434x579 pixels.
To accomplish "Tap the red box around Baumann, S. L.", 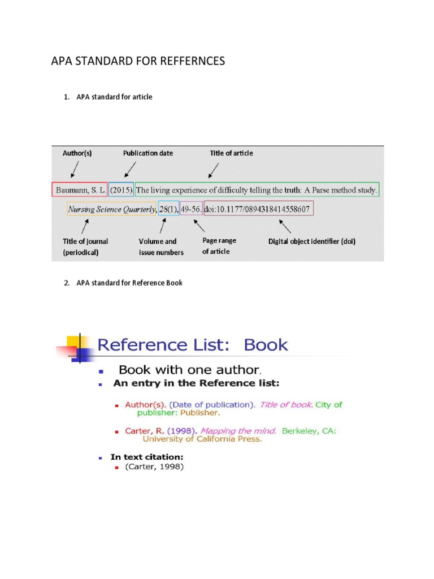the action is pos(79,191).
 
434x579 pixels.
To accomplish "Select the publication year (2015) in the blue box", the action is pos(121,191).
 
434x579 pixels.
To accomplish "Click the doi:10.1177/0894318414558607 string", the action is pos(258,209).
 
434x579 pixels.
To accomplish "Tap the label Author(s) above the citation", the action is pos(77,153).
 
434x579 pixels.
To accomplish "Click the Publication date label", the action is pos(148,153).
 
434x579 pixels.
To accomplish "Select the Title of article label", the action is pos(232,153).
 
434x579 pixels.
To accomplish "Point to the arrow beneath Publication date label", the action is pos(129,170).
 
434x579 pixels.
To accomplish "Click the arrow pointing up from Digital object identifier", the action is pos(285,227).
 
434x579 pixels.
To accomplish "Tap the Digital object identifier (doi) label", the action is pos(312,241).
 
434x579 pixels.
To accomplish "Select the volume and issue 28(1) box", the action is pos(168,209).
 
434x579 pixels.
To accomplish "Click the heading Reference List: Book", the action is pos(193,345).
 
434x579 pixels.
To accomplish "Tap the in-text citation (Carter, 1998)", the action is pos(154,467).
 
